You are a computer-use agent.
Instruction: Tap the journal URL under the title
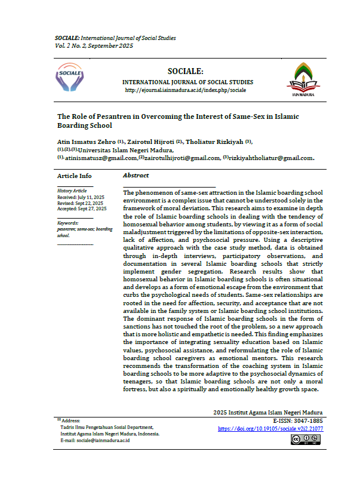point(185,90)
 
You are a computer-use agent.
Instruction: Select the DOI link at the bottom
point(270,428)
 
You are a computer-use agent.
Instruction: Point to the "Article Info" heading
point(75,176)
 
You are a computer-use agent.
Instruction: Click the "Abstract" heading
point(136,176)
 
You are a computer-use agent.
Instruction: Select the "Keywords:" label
point(70,223)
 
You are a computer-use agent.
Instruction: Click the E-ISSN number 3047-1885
point(304,421)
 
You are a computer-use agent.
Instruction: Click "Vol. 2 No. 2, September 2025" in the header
point(93,45)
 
